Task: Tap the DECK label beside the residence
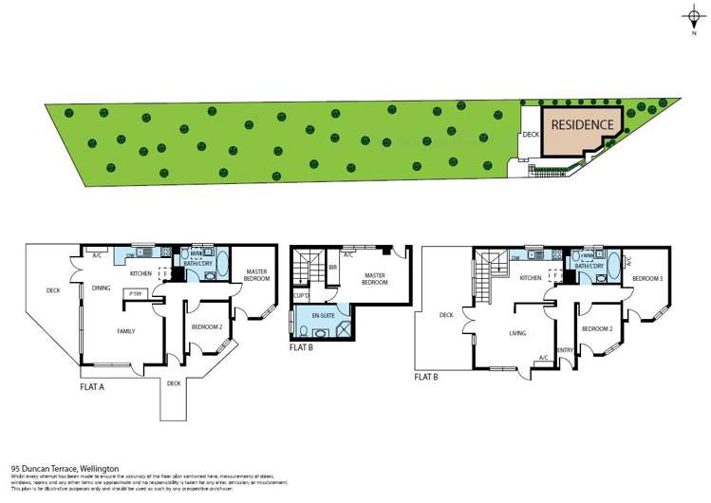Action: [x=531, y=136]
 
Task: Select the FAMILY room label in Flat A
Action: [x=125, y=331]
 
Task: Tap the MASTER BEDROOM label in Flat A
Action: [x=256, y=276]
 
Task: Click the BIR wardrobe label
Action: [x=332, y=269]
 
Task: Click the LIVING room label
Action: [x=517, y=333]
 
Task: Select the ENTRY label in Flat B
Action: [x=566, y=350]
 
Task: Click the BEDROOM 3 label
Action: [x=647, y=278]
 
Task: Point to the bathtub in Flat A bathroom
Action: [x=223, y=265]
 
